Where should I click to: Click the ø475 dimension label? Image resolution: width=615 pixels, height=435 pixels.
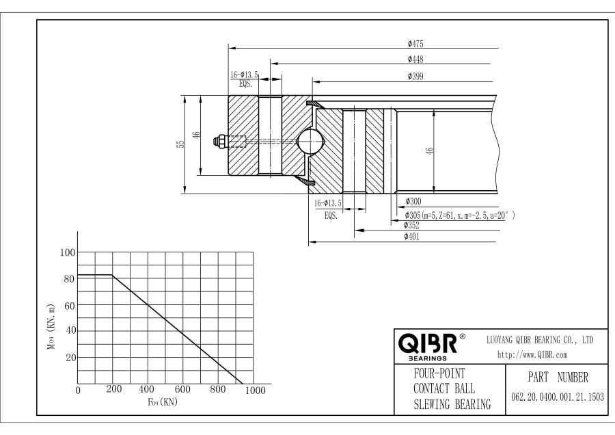point(415,44)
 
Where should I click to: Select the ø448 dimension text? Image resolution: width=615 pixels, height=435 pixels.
point(415,59)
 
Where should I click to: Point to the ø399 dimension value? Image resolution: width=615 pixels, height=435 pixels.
point(415,76)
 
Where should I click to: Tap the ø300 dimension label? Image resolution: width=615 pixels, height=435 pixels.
point(413,202)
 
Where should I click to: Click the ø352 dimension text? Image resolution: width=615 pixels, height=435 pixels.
point(411,225)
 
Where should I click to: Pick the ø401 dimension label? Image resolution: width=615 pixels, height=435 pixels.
point(411,237)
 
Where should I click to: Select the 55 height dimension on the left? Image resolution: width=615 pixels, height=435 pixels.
point(181,144)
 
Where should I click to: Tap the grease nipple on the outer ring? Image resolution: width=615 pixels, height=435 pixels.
point(219,142)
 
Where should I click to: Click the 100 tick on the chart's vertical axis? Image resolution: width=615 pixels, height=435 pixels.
point(67,252)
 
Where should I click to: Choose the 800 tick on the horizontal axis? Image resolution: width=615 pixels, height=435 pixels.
point(219,389)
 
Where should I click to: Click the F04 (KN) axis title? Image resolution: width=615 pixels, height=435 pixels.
point(162,401)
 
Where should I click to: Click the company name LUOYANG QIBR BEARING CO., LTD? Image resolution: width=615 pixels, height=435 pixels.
point(539,339)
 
